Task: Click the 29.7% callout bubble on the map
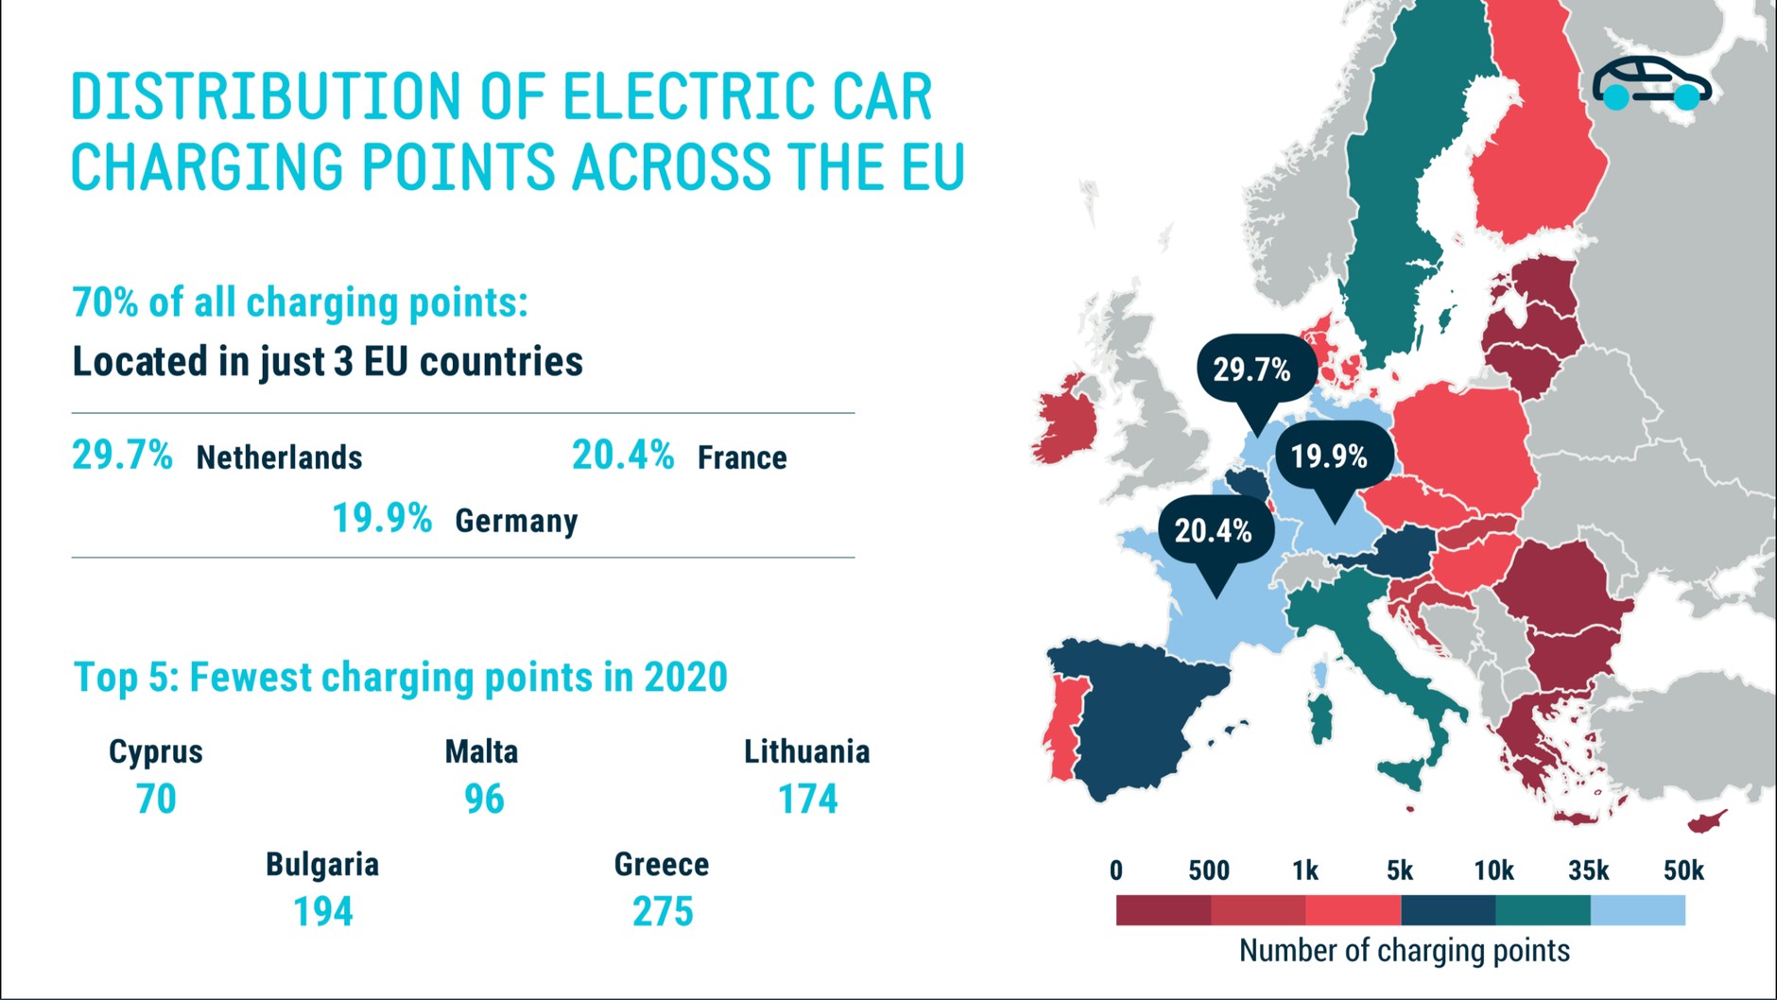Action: pyautogui.click(x=1255, y=370)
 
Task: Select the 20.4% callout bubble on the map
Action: pyautogui.click(x=1216, y=531)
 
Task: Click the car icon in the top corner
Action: pyautogui.click(x=1651, y=83)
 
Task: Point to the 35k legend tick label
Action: pyautogui.click(x=1588, y=871)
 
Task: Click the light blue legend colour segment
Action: pyautogui.click(x=1637, y=911)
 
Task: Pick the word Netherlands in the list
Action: pyautogui.click(x=279, y=458)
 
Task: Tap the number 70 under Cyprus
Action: pyautogui.click(x=156, y=800)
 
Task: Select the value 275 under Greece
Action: pyautogui.click(x=663, y=912)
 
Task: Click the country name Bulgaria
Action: pyautogui.click(x=322, y=864)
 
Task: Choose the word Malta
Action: pyautogui.click(x=481, y=752)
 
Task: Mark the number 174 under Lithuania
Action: pyautogui.click(x=807, y=800)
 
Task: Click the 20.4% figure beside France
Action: pyautogui.click(x=623, y=456)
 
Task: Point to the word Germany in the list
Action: pyautogui.click(x=516, y=521)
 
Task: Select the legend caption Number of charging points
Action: pyautogui.click(x=1404, y=951)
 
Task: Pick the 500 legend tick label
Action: pyautogui.click(x=1209, y=871)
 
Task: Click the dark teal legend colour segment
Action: pyautogui.click(x=1543, y=911)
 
